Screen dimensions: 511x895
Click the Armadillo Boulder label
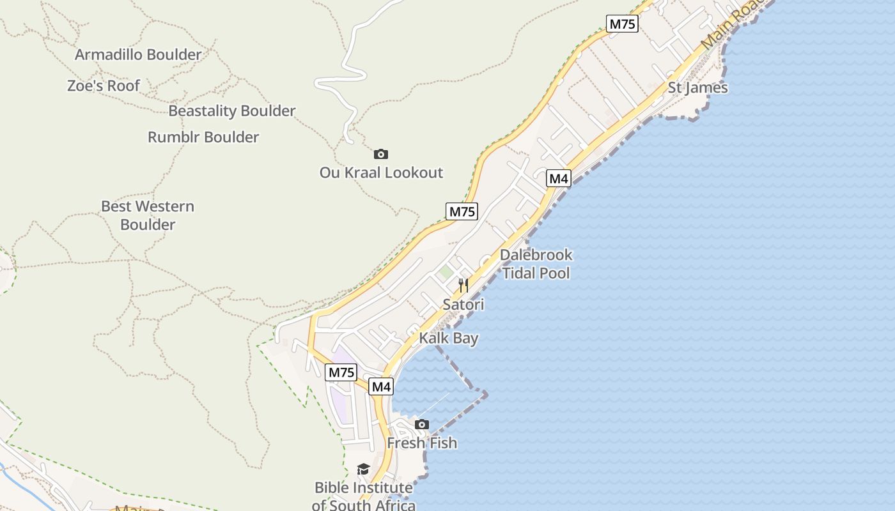138,55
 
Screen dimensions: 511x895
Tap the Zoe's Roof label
104,86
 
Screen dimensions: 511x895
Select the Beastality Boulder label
231,111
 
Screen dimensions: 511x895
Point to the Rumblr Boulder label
203,137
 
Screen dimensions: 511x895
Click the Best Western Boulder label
148,215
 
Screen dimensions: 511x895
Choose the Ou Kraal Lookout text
381,172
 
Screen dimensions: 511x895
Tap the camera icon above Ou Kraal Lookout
381,154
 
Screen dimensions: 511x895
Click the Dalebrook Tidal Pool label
536,264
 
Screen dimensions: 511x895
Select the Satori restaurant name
463,305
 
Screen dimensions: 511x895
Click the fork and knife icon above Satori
463,286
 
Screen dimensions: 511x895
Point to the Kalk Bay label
449,338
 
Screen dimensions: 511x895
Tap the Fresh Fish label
422,443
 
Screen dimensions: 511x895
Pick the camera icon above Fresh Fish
422,424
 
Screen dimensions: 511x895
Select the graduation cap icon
363,469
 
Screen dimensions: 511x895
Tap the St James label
698,88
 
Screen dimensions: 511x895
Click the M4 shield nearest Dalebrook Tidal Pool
559,179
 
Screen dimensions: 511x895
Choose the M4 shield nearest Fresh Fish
381,386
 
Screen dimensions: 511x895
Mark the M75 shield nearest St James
622,24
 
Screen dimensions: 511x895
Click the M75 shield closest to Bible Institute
341,372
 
